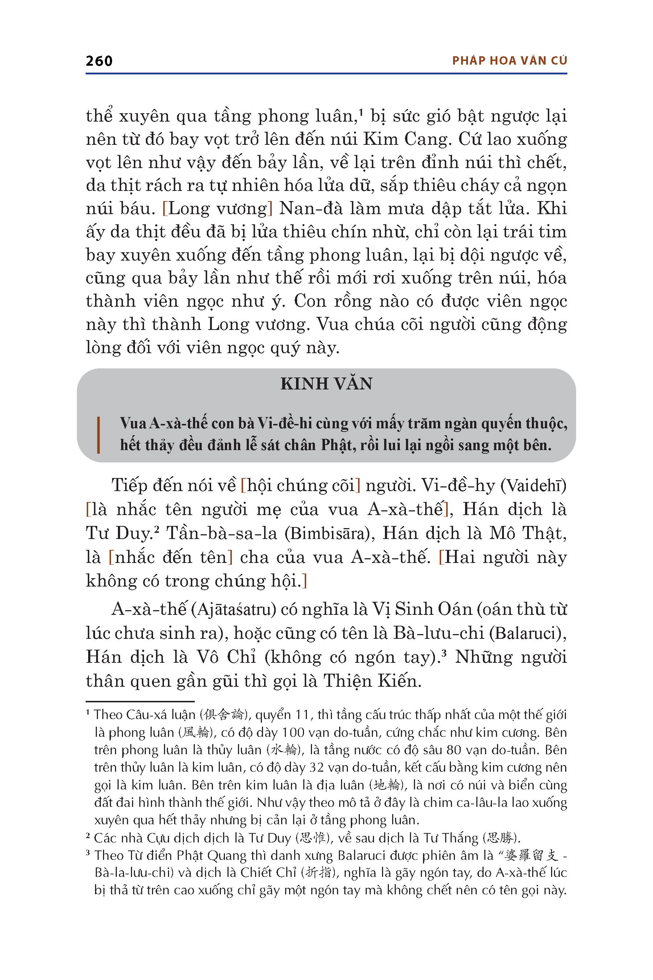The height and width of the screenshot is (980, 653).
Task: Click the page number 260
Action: coord(99,61)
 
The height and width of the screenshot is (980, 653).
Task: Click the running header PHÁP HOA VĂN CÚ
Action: coord(509,61)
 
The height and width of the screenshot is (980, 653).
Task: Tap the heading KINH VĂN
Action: coord(326,384)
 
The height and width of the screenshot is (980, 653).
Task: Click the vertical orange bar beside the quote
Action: coord(98,434)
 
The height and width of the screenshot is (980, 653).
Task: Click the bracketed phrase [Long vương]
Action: coord(217,208)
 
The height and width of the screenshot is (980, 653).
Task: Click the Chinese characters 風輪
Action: coord(197,732)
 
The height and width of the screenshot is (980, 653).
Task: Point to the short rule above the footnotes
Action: coord(140,702)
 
